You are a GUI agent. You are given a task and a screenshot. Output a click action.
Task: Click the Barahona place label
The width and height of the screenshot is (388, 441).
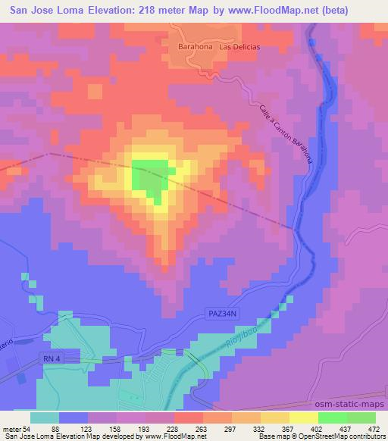coord(194,46)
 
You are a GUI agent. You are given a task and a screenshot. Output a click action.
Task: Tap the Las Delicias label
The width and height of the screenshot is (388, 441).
coord(239,47)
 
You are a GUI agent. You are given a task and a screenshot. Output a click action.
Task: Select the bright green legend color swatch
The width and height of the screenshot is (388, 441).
coord(332,418)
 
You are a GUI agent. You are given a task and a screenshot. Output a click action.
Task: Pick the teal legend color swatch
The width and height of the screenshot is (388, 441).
coord(46,418)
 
